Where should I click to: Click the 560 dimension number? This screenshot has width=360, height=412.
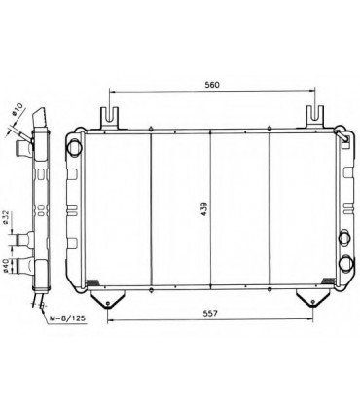tap(213, 85)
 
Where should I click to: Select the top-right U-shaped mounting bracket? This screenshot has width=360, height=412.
tap(314, 116)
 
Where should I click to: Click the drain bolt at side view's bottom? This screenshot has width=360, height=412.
tap(40, 297)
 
